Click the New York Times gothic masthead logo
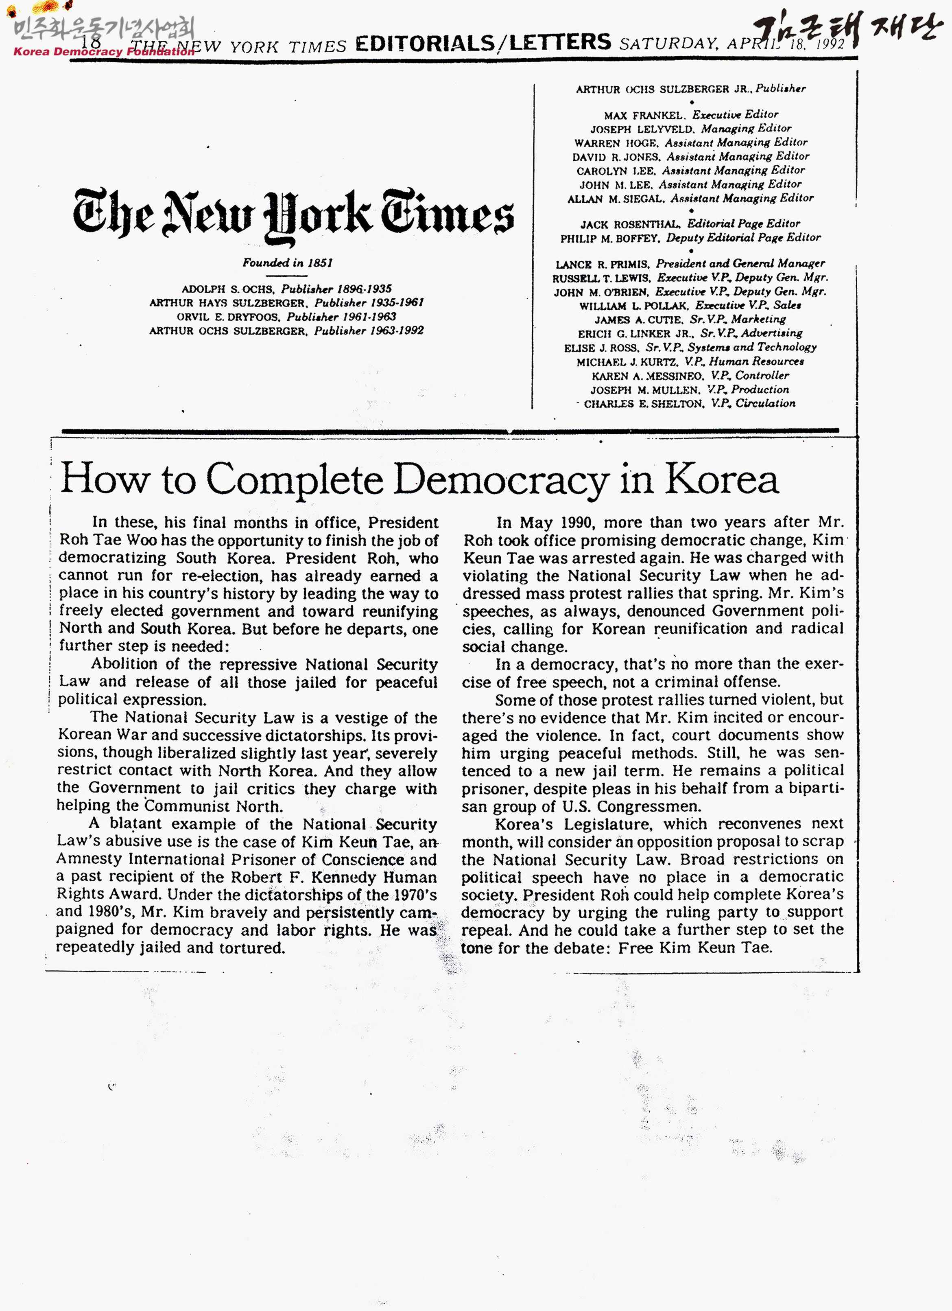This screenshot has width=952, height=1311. click(x=293, y=215)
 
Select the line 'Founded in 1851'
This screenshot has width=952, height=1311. click(x=287, y=263)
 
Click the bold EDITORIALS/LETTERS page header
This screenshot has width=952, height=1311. click(x=483, y=44)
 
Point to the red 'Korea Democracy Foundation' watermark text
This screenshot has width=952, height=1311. click(x=104, y=51)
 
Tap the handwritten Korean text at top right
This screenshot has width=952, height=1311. click(x=849, y=29)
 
